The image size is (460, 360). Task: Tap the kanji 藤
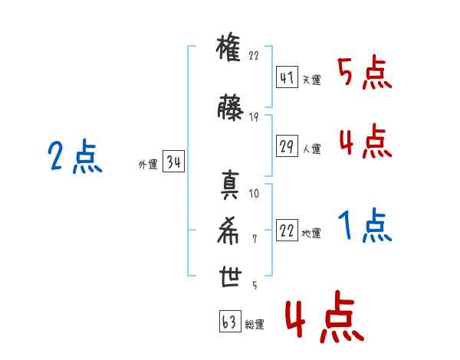230,107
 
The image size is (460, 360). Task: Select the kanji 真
230,185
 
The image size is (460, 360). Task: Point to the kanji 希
228,231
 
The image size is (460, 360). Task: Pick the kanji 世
230,277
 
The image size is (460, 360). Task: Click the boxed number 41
287,77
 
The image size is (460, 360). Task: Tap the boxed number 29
287,146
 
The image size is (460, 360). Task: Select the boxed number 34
174,161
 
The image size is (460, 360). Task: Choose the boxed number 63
230,321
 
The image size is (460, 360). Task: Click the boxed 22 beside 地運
287,230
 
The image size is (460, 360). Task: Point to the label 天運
311,80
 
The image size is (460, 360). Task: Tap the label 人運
311,149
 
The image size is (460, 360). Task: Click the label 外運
148,164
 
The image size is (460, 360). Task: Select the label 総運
255,324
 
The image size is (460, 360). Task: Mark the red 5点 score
365,72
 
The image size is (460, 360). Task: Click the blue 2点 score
75,156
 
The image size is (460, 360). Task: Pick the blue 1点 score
365,225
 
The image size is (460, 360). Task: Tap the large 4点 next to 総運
324,316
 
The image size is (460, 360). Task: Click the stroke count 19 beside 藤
254,117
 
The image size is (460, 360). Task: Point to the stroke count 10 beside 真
254,194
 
